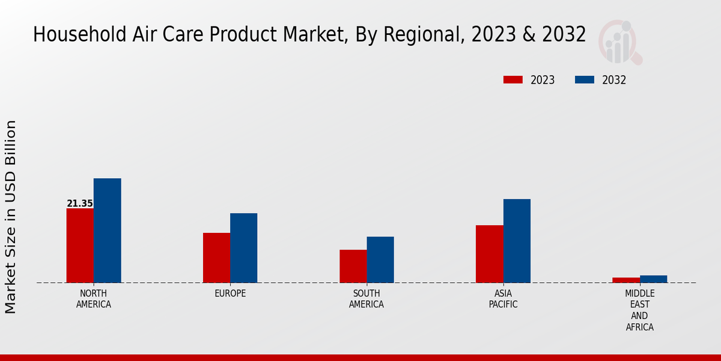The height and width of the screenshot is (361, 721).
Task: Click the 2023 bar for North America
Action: click(80, 245)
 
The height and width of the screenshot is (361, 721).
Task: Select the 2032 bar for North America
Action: click(107, 230)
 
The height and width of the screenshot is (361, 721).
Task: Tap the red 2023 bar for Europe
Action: click(216, 258)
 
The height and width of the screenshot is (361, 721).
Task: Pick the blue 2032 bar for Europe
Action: click(243, 248)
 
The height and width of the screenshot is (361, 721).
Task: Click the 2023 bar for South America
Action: click(353, 266)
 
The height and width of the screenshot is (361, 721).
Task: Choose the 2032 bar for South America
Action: click(380, 259)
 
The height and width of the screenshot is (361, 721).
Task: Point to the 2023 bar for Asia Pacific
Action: click(489, 254)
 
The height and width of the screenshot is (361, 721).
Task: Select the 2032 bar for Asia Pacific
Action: click(517, 241)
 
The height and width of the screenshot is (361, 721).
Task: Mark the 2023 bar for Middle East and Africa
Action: click(626, 280)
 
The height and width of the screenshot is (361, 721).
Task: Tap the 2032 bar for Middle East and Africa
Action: click(653, 279)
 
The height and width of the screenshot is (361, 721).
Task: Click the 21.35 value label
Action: click(80, 204)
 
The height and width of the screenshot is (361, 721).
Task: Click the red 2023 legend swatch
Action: click(513, 80)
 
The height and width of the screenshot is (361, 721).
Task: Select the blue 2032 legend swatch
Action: click(584, 80)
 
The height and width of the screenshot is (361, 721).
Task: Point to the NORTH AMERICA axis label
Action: click(94, 299)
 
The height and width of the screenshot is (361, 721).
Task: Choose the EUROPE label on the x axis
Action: click(230, 294)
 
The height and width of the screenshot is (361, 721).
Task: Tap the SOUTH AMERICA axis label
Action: click(367, 299)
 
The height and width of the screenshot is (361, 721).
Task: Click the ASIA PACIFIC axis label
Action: click(503, 299)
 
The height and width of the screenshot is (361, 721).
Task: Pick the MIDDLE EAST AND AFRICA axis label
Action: click(639, 310)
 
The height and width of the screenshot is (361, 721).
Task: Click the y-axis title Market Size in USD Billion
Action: click(11, 217)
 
